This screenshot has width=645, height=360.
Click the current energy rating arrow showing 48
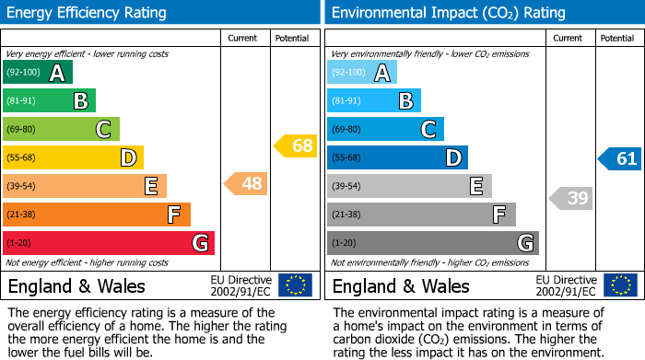(x=246, y=184)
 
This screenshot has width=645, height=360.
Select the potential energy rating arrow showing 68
(x=296, y=145)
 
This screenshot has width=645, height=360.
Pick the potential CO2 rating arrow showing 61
(x=620, y=159)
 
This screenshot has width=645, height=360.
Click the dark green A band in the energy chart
(x=38, y=73)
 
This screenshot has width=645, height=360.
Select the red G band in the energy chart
(x=109, y=243)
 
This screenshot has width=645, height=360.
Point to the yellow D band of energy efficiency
(x=73, y=158)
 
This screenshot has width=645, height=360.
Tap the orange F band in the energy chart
(x=97, y=215)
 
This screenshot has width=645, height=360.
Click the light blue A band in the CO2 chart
(x=362, y=73)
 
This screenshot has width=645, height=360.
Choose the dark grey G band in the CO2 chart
(x=433, y=243)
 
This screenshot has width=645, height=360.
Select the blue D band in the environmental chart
(x=397, y=158)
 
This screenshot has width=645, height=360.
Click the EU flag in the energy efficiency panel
(x=295, y=285)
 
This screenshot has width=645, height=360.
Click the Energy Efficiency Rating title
(x=88, y=13)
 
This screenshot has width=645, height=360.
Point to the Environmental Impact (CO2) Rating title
(x=448, y=13)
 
